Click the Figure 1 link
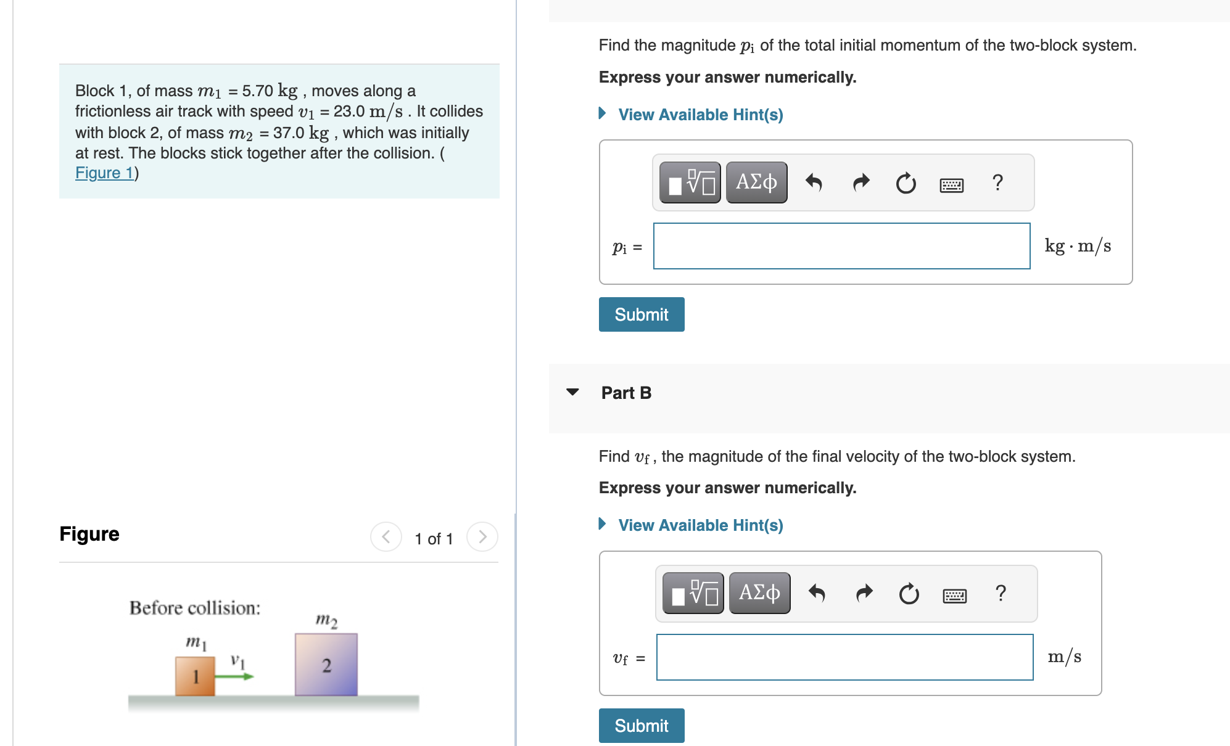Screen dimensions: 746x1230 pyautogui.click(x=104, y=173)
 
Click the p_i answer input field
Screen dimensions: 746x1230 pyautogui.click(x=841, y=246)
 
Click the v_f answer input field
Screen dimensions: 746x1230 pyautogui.click(x=844, y=657)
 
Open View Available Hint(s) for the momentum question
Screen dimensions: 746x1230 pyautogui.click(x=700, y=115)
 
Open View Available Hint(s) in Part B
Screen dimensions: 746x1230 pyautogui.click(x=700, y=525)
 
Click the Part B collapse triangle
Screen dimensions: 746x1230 pyautogui.click(x=572, y=392)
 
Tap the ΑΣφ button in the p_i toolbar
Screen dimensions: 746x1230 pyautogui.click(x=756, y=182)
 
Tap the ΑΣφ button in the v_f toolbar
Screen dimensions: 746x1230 pyautogui.click(x=759, y=593)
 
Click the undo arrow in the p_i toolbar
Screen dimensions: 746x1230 pyautogui.click(x=814, y=182)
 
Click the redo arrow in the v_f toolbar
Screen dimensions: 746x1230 pyautogui.click(x=864, y=593)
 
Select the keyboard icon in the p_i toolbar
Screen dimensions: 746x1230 pyautogui.click(x=951, y=184)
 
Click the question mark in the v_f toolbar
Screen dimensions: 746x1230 pyautogui.click(x=1001, y=593)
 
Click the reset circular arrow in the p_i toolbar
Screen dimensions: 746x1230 pyautogui.click(x=906, y=183)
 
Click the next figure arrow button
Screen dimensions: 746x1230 pyautogui.click(x=482, y=537)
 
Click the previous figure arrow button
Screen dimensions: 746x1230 pyautogui.click(x=386, y=537)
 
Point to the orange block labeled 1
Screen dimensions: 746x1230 pyautogui.click(x=195, y=676)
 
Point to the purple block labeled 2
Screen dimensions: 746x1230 pyautogui.click(x=326, y=665)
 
